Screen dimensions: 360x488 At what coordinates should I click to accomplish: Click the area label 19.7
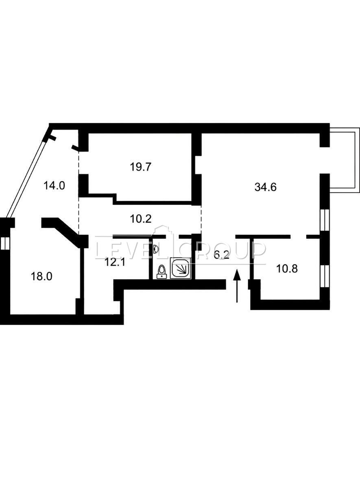[x=141, y=167]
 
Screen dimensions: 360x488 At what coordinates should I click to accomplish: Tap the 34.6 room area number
[x=266, y=187]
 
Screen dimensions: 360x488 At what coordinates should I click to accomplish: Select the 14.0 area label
[x=54, y=185]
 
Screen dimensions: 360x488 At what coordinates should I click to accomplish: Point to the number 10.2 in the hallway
[x=141, y=219]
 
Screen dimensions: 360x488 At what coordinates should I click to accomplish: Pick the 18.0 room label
[x=41, y=277]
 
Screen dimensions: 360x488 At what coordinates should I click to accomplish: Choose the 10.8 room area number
[x=287, y=269]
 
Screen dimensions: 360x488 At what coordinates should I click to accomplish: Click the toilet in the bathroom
[x=162, y=272]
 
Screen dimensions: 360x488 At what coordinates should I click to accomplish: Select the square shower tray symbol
[x=181, y=268]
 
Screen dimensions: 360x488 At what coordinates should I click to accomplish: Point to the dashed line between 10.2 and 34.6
[x=201, y=220]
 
